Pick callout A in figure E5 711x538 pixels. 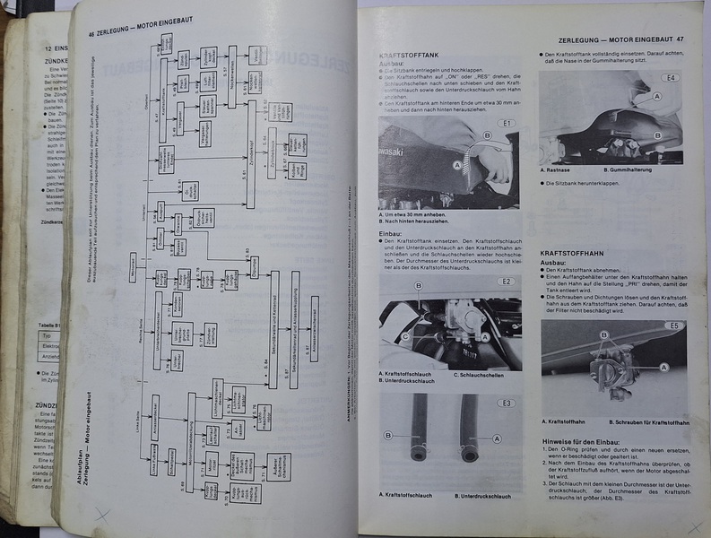[x=663, y=367]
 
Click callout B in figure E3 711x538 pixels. [x=388, y=436]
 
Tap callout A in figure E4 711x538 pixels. [x=658, y=95]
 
